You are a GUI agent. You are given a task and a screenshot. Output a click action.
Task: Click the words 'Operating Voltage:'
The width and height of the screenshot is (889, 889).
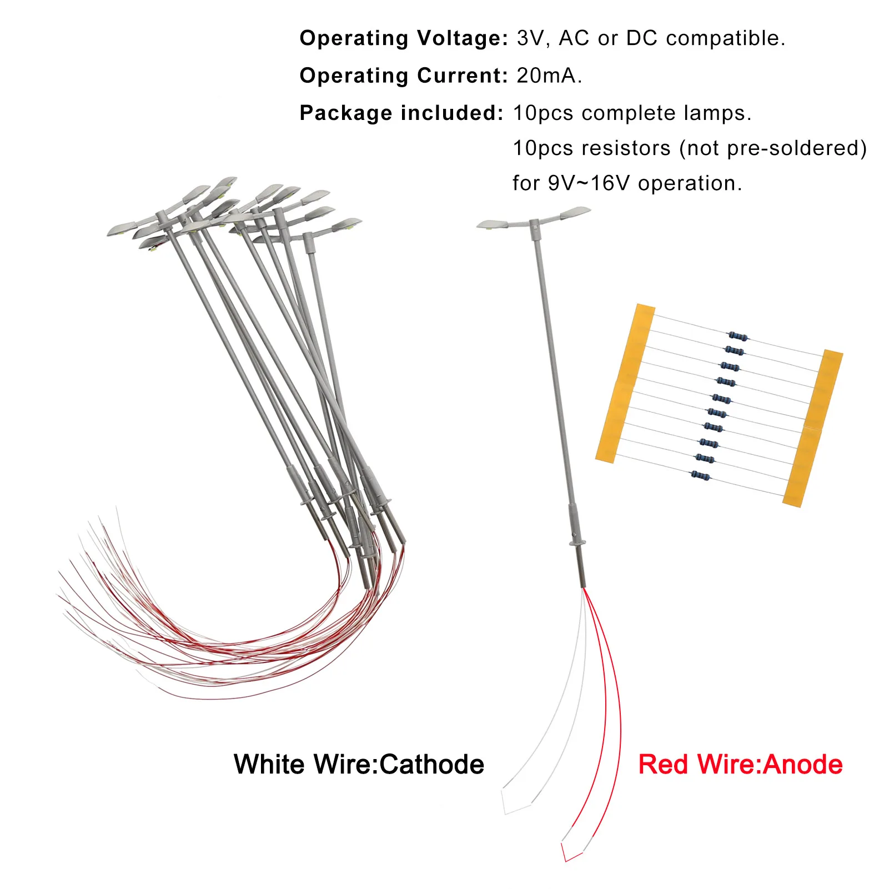(403, 38)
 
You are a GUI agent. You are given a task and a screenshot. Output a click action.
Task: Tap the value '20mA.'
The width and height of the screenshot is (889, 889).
(549, 76)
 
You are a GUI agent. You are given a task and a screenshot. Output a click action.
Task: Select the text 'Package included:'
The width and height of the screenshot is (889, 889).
(401, 113)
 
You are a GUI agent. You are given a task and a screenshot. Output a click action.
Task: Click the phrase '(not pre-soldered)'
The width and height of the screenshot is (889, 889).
(772, 148)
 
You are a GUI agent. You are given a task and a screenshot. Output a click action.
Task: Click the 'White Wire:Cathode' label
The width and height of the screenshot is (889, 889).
(359, 765)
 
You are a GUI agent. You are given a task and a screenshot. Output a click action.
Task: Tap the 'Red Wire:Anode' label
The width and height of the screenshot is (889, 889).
(740, 765)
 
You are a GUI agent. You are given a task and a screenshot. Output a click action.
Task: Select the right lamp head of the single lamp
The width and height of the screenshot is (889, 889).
(575, 213)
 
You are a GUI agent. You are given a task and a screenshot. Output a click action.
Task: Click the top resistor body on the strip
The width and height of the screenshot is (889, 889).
(737, 336)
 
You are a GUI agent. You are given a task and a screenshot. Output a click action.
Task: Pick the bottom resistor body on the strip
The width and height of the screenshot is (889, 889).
(700, 475)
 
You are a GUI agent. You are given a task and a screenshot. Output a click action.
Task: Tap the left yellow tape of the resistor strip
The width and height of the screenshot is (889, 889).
(625, 383)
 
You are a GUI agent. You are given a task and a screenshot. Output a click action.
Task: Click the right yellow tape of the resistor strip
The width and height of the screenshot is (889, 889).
(813, 428)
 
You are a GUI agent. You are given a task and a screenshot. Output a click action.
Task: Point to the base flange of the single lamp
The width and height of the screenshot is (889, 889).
(578, 543)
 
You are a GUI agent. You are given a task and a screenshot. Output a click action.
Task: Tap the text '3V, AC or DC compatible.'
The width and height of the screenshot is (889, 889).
(651, 38)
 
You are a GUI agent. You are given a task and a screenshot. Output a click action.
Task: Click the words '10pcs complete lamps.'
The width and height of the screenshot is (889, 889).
(632, 113)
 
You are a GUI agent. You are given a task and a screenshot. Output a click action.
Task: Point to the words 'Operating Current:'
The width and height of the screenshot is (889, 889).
(403, 76)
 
